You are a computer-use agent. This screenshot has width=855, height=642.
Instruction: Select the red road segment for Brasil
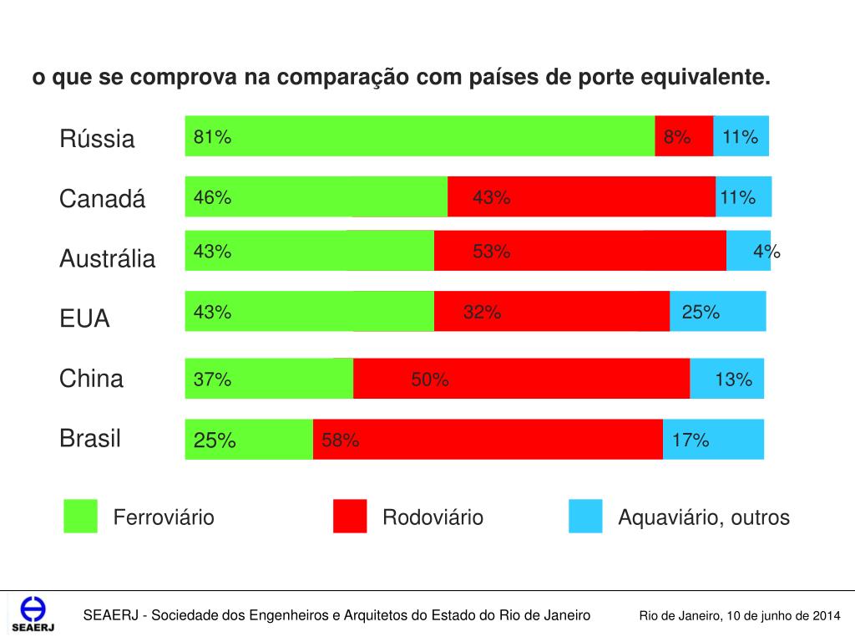pyautogui.click(x=488, y=440)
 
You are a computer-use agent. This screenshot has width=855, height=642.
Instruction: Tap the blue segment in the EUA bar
pyautogui.click(x=717, y=311)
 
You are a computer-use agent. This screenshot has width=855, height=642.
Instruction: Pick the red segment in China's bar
pyautogui.click(x=521, y=379)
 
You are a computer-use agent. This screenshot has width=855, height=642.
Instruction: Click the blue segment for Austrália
pyautogui.click(x=747, y=251)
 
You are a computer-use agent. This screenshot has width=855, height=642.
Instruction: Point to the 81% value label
pyautogui.click(x=212, y=138)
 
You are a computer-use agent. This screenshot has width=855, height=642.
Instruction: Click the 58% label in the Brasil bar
pyautogui.click(x=341, y=441)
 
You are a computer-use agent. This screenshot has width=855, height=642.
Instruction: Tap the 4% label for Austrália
pyautogui.click(x=766, y=252)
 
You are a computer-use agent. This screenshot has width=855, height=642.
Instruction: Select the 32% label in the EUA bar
pyautogui.click(x=483, y=313)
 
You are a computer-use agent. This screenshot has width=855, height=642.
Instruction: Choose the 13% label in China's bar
pyautogui.click(x=733, y=380)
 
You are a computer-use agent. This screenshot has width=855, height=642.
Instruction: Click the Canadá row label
pyautogui.click(x=102, y=199)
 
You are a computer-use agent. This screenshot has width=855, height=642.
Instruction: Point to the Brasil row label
pyautogui.click(x=90, y=439)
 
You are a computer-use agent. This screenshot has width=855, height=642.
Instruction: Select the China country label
pyautogui.click(x=91, y=379)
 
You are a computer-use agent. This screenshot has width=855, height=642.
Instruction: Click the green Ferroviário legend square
pyautogui.click(x=80, y=517)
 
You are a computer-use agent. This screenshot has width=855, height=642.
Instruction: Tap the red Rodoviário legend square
pyautogui.click(x=349, y=517)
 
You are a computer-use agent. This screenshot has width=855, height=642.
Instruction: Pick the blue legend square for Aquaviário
pyautogui.click(x=585, y=517)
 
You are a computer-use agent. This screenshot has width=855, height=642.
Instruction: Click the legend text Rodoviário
pyautogui.click(x=433, y=517)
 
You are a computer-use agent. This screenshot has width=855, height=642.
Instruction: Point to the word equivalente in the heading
pyautogui.click(x=705, y=78)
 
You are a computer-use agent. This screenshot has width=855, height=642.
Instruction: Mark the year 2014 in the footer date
pyautogui.click(x=824, y=616)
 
